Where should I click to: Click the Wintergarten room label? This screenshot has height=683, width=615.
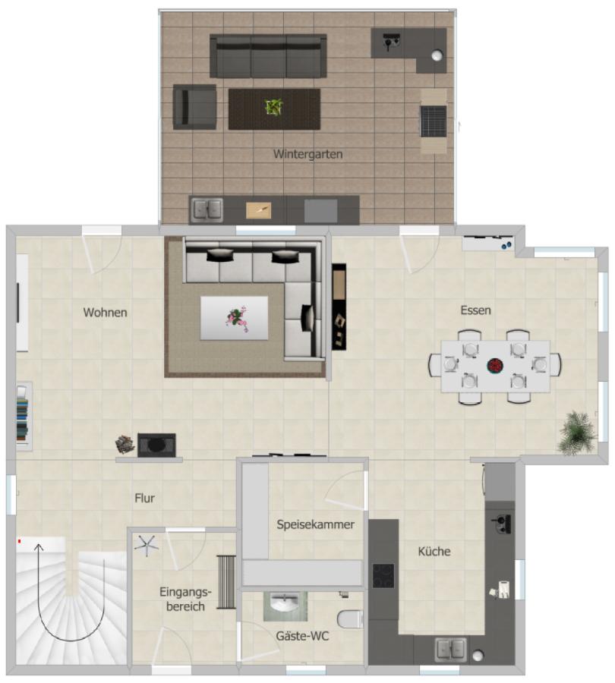pyautogui.click(x=307, y=154)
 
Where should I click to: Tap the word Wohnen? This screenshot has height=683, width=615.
pyautogui.click(x=106, y=312)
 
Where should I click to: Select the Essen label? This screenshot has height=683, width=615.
pyautogui.click(x=475, y=310)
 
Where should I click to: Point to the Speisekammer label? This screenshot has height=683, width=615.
pyautogui.click(x=315, y=524)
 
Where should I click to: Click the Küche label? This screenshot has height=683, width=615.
pyautogui.click(x=434, y=552)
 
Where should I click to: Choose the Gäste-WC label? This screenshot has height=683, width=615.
pyautogui.click(x=302, y=637)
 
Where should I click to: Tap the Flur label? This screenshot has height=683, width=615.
pyautogui.click(x=144, y=499)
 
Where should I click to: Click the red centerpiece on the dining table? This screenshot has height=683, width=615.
pyautogui.click(x=496, y=366)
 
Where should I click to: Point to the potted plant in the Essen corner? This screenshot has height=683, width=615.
pyautogui.click(x=577, y=433)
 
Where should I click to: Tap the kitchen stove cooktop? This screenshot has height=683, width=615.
pyautogui.click(x=383, y=575)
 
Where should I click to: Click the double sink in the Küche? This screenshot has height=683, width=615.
pyautogui.click(x=450, y=650)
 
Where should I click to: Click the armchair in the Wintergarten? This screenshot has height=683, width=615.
pyautogui.click(x=195, y=107)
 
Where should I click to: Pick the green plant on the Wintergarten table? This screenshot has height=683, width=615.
pyautogui.click(x=273, y=107)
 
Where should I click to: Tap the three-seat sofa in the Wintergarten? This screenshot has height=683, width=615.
pyautogui.click(x=268, y=55)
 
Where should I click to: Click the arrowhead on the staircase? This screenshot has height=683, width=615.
pyautogui.click(x=39, y=545)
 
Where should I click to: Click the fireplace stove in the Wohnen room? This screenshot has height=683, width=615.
pyautogui.click(x=156, y=445)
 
